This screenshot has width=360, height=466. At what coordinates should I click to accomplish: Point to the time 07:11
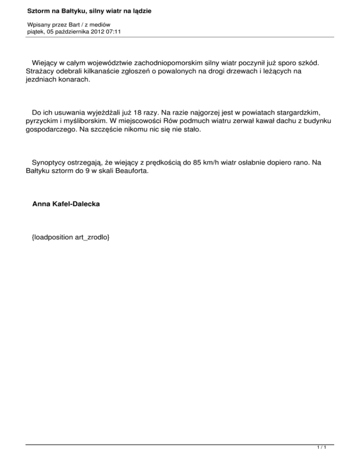pos(115,32)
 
